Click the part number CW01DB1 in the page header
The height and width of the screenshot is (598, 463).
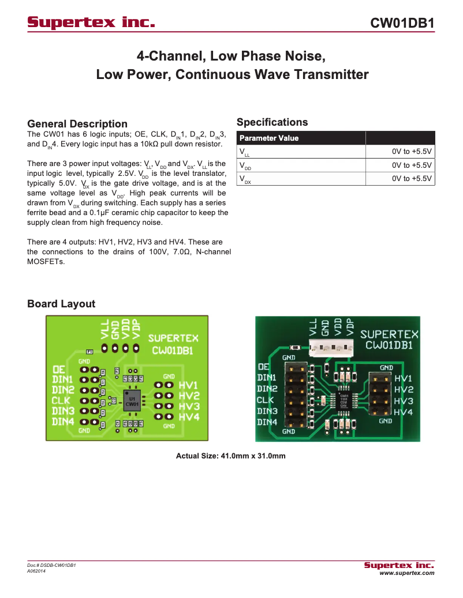click(402, 23)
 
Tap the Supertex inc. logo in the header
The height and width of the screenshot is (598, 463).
click(92, 23)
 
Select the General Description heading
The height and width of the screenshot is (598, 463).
click(77, 124)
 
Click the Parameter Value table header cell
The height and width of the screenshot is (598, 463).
click(269, 138)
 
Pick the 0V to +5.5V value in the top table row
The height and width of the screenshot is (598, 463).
click(412, 152)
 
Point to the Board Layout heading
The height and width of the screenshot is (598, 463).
click(61, 304)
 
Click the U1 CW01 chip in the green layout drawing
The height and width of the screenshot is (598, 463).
click(132, 401)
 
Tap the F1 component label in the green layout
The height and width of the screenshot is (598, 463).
click(89, 352)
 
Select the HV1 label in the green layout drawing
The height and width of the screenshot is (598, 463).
click(189, 385)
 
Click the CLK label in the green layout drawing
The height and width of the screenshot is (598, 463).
click(62, 400)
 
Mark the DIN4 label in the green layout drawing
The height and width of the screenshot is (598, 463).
click(63, 422)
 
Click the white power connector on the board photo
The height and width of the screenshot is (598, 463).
click(330, 347)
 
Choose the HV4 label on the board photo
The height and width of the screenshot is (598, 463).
click(404, 412)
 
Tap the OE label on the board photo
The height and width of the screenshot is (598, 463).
click(264, 366)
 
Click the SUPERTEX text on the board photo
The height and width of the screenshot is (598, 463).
click(389, 334)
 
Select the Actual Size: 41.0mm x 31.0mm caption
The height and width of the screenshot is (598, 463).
click(230, 456)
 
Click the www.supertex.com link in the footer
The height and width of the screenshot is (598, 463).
click(406, 573)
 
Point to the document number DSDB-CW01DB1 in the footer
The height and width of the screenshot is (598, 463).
click(52, 565)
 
